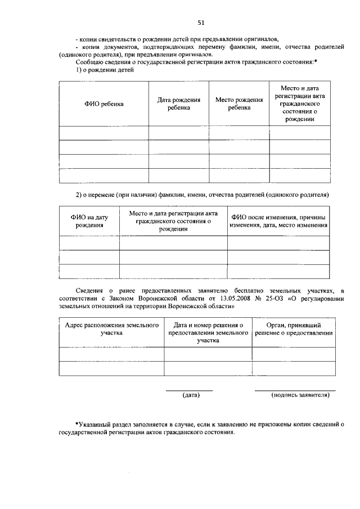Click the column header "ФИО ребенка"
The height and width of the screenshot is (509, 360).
point(104,104)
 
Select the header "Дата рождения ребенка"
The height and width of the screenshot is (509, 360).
point(178,103)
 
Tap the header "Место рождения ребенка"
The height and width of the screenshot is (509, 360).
point(239,103)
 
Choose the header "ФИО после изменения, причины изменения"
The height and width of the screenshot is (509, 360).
point(278,221)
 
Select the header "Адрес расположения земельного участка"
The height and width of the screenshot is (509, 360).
point(111,329)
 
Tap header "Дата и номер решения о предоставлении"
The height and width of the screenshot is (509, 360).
point(208,332)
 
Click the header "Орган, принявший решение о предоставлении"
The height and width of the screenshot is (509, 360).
point(295,329)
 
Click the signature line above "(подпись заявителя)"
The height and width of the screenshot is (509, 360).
point(295,390)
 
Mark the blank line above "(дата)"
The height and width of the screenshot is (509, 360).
point(189,390)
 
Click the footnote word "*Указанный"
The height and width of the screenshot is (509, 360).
point(93,425)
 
